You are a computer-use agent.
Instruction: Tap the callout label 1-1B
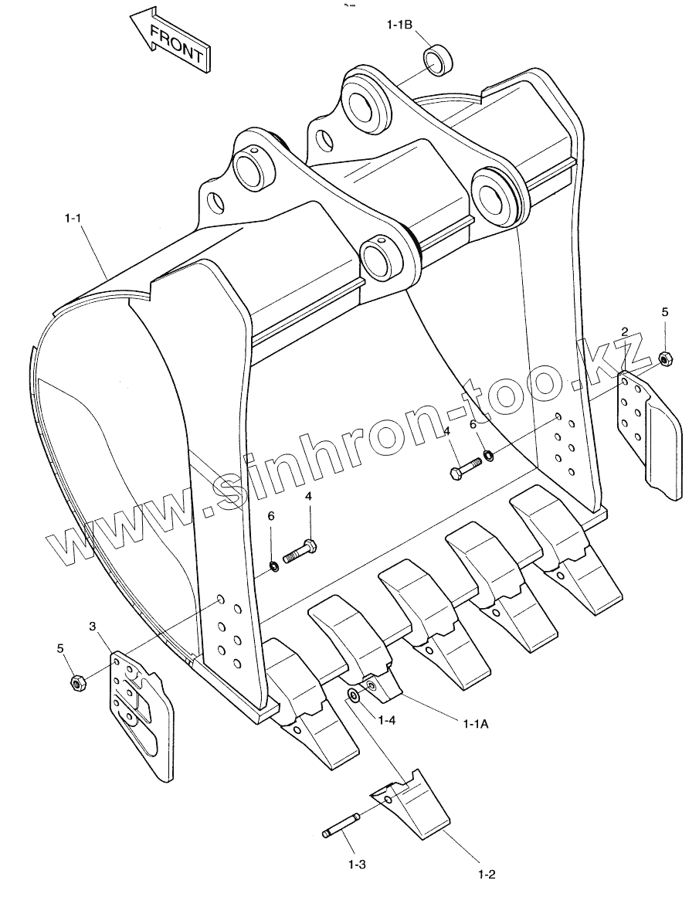pos(399,25)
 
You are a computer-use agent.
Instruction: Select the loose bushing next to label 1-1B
pos(438,60)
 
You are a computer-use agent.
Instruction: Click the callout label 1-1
pos(73,219)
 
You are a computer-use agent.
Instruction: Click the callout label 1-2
pos(487,875)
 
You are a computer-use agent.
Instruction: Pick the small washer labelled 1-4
pos(353,695)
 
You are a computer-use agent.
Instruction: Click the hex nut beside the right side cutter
pos(665,358)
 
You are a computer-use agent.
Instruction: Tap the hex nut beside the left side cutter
pos(76,681)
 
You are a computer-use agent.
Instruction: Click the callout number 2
pos(624,331)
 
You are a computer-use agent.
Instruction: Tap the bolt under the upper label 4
pos(464,467)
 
